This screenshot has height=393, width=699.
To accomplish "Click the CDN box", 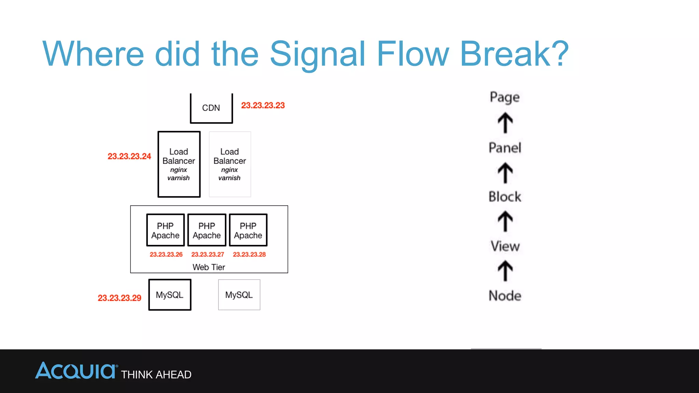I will coord(211,108).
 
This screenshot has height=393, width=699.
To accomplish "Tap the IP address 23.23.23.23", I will coord(263,105).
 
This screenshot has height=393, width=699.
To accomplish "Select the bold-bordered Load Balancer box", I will coord(179,164).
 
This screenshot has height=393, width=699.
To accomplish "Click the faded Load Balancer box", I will coord(230,164).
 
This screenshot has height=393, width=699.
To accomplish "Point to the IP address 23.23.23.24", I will coord(129,156).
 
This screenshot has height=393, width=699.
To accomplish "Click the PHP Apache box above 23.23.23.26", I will coord(165,230).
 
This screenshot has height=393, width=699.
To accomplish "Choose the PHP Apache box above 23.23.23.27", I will coord(207,230).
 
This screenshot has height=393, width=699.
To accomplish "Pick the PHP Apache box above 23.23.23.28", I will coord(248,230).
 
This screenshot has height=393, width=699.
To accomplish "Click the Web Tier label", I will coord(209,267).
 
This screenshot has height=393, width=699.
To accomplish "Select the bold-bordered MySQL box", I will coord(170,295).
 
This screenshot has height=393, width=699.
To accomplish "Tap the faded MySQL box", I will coord(239,295).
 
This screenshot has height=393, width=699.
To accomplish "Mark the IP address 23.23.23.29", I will coord(119,298).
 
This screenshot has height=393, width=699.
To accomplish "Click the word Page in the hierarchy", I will coord(504,97).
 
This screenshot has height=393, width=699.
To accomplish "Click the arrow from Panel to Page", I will coord(505,123).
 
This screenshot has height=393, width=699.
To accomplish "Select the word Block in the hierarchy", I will coord(505,197).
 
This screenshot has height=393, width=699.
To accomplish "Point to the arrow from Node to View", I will coord(505,271).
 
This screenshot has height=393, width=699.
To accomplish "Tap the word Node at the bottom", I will coord(505,296).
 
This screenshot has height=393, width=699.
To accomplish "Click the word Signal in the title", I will coord(317,54).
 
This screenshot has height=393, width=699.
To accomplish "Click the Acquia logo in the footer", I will coord(76,371).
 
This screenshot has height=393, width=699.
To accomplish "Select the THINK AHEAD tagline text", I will coord(156,375).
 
